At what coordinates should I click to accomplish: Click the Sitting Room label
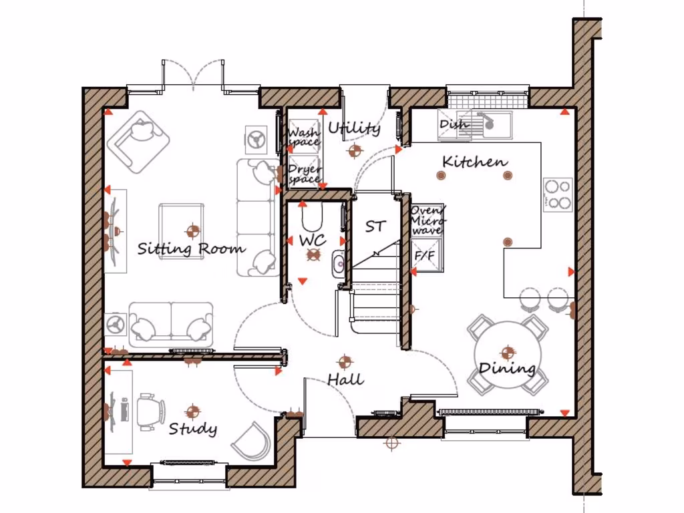pos(191,249)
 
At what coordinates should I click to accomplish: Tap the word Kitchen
pos(474,162)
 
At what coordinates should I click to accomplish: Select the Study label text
pos(192,428)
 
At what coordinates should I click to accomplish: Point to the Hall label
pos(345,379)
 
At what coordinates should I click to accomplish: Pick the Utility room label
pos(354,128)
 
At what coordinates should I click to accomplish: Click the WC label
pos(311,239)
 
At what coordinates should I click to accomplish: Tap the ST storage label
pos(375,226)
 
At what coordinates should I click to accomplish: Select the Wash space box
pos(303,137)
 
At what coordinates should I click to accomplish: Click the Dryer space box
pos(304,174)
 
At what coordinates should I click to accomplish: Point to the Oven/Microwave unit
pos(426,220)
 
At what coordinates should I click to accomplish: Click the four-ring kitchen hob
pos(558,194)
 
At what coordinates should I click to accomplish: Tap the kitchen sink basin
pos(494,122)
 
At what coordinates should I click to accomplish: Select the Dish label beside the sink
pos(454,124)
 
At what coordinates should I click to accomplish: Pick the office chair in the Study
pos(150,409)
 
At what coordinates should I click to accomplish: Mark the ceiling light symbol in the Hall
pos(345,362)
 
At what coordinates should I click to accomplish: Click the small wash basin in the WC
pos(338,263)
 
